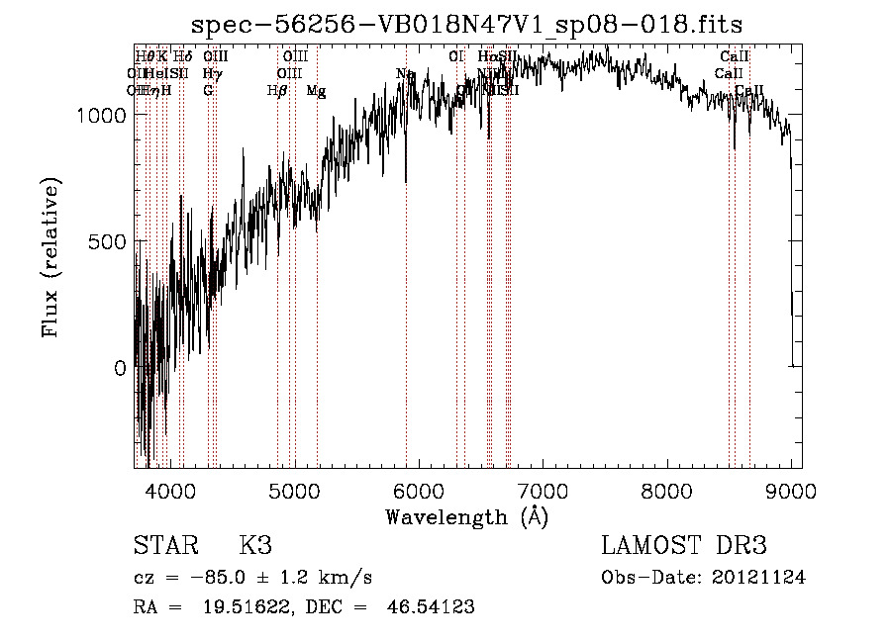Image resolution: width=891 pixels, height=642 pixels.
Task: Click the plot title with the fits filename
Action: click(x=467, y=23)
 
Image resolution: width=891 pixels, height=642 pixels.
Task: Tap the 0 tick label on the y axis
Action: click(x=121, y=368)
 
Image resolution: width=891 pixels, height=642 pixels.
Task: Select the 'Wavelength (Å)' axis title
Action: click(x=466, y=516)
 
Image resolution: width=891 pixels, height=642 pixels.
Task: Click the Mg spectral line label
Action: click(x=316, y=91)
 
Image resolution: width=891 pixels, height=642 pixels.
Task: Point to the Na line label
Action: click(x=405, y=74)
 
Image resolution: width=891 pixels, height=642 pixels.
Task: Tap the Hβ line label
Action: click(x=277, y=91)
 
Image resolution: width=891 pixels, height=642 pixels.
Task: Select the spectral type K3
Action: click(x=255, y=547)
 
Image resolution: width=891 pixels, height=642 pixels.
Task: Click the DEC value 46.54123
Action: click(x=433, y=607)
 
